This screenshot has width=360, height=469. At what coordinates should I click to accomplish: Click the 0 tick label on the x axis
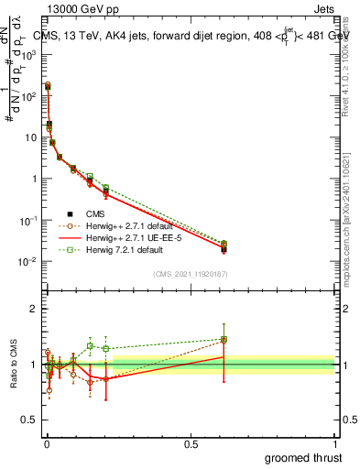pyautogui.click(x=47, y=443)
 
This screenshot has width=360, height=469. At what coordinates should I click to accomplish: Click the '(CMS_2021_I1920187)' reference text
pyautogui.click(x=190, y=274)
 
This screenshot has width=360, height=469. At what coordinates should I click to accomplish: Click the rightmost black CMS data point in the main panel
pyautogui.click(x=224, y=249)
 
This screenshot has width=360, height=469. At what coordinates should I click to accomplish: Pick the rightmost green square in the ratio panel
pyautogui.click(x=224, y=340)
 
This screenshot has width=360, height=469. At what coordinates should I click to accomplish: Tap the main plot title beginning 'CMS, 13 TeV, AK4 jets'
pyautogui.click(x=183, y=36)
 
